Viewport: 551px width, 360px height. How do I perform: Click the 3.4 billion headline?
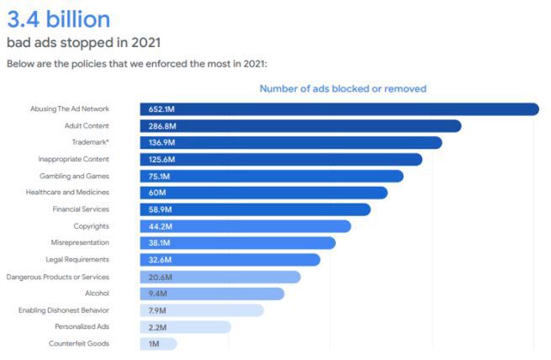point(58,19)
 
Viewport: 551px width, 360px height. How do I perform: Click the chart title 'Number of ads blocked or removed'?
point(342,88)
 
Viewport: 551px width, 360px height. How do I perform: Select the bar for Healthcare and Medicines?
point(263,193)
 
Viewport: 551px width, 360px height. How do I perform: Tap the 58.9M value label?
point(160,209)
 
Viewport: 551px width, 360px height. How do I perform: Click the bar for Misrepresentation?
point(237,243)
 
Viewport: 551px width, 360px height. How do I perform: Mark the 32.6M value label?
point(160,260)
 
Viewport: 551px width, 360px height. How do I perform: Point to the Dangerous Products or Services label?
point(70,277)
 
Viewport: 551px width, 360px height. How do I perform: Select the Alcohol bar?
point(211,294)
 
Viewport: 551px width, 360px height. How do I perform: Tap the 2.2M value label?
point(158,327)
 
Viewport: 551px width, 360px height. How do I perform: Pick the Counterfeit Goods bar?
point(158,343)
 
